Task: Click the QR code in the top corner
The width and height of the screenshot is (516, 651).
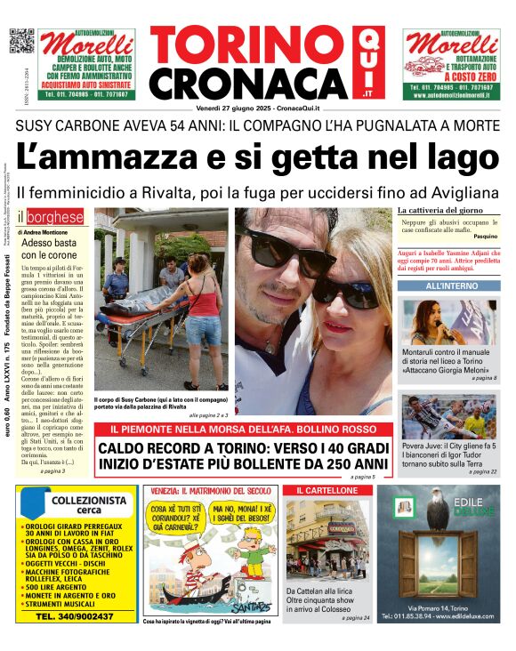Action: (20, 42)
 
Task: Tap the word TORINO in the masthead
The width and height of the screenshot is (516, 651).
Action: (250, 45)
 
